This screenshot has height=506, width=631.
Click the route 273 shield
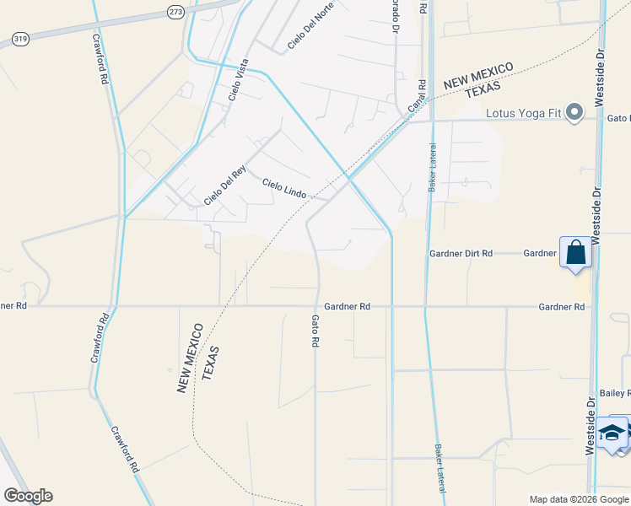[175, 12]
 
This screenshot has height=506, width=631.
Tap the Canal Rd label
[418, 96]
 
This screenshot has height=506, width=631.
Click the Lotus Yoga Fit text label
[523, 112]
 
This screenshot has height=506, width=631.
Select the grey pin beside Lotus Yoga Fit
[575, 112]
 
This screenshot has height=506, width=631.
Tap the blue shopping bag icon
[575, 252]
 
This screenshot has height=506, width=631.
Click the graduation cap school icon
[613, 433]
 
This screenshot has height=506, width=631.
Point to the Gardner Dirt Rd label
[461, 253]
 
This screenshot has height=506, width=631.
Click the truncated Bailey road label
[615, 393]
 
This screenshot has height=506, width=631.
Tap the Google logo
[28, 496]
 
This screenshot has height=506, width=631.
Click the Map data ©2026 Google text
[580, 499]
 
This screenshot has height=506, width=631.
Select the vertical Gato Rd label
[315, 331]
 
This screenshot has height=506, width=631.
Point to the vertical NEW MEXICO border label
[189, 357]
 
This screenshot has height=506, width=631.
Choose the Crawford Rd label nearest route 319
[101, 59]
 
